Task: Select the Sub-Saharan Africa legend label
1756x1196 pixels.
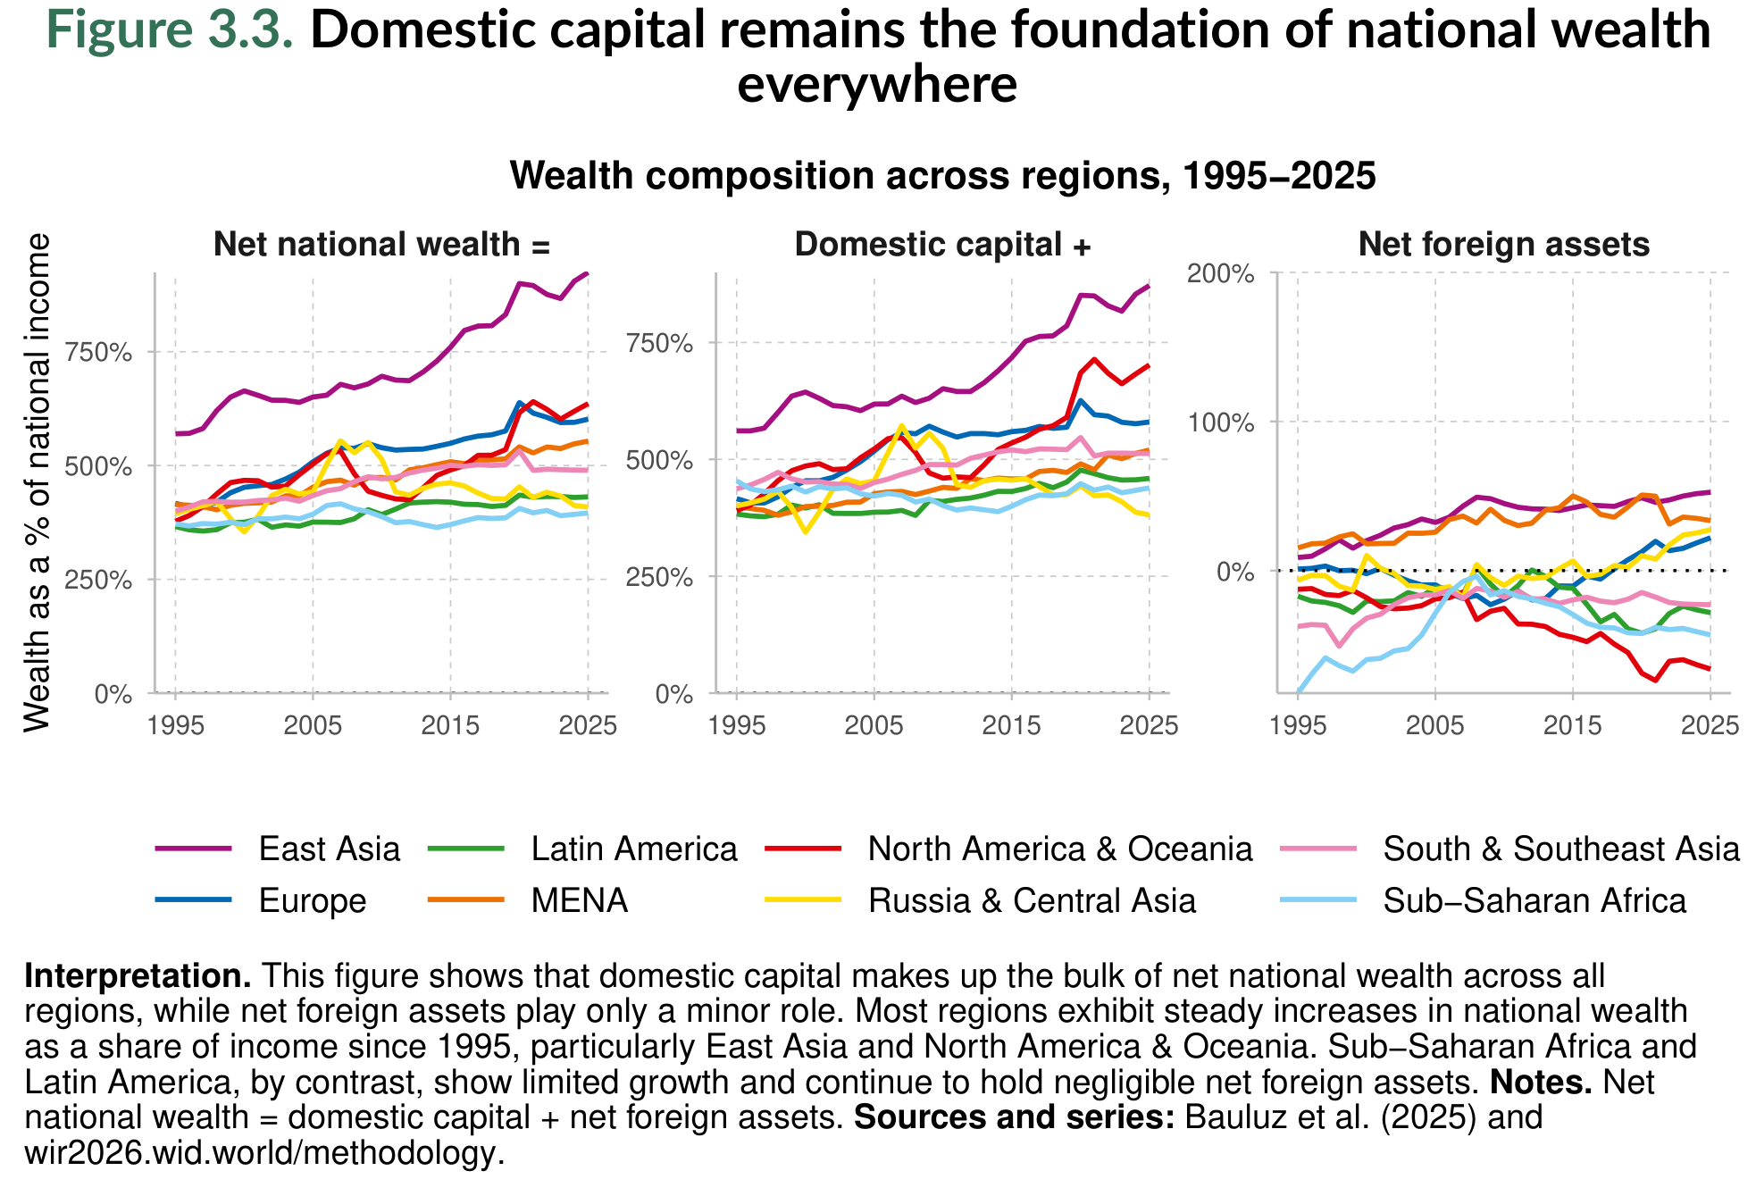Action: point(1534,900)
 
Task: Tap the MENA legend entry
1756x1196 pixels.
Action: point(579,900)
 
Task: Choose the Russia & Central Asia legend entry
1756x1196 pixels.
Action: point(1031,900)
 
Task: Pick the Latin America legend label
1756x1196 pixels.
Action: point(633,849)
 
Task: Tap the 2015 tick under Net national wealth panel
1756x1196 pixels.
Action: point(450,724)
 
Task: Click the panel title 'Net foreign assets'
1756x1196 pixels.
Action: point(1503,245)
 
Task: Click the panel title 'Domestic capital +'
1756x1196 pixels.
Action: point(942,245)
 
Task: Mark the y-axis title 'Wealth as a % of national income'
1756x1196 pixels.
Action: point(38,482)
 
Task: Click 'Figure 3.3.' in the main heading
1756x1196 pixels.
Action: point(170,30)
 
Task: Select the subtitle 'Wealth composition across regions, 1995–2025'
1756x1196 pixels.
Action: point(942,176)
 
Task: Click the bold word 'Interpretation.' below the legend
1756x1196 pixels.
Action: point(138,976)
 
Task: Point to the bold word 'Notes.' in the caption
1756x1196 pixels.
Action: point(1541,1083)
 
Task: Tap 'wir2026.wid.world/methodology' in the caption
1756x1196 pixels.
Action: point(259,1153)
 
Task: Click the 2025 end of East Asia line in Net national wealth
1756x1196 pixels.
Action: point(588,273)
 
